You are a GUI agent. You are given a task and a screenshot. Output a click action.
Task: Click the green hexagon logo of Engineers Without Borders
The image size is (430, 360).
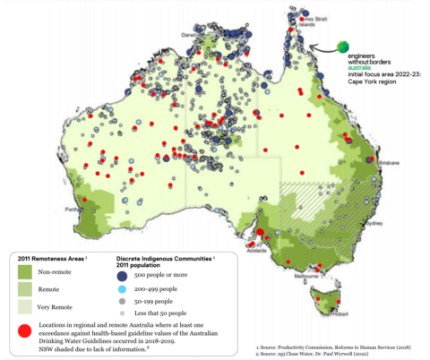[x=342, y=46]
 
